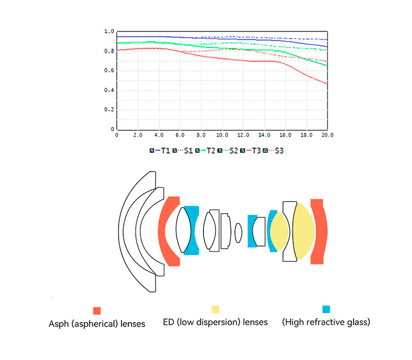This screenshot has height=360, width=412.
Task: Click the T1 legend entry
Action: (x=162, y=151)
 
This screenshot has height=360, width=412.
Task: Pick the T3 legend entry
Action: (x=255, y=151)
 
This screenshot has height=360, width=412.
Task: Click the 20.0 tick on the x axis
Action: (x=327, y=136)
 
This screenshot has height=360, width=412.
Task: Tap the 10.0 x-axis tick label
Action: (x=222, y=136)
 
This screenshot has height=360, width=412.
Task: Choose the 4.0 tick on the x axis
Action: (x=159, y=136)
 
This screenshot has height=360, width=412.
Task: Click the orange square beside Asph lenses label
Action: (x=97, y=311)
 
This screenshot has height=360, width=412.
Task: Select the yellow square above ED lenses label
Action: (x=215, y=309)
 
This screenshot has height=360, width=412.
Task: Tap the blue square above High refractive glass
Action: (x=326, y=309)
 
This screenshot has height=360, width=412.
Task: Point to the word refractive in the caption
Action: (x=327, y=322)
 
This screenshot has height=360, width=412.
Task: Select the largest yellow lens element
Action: (x=303, y=232)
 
